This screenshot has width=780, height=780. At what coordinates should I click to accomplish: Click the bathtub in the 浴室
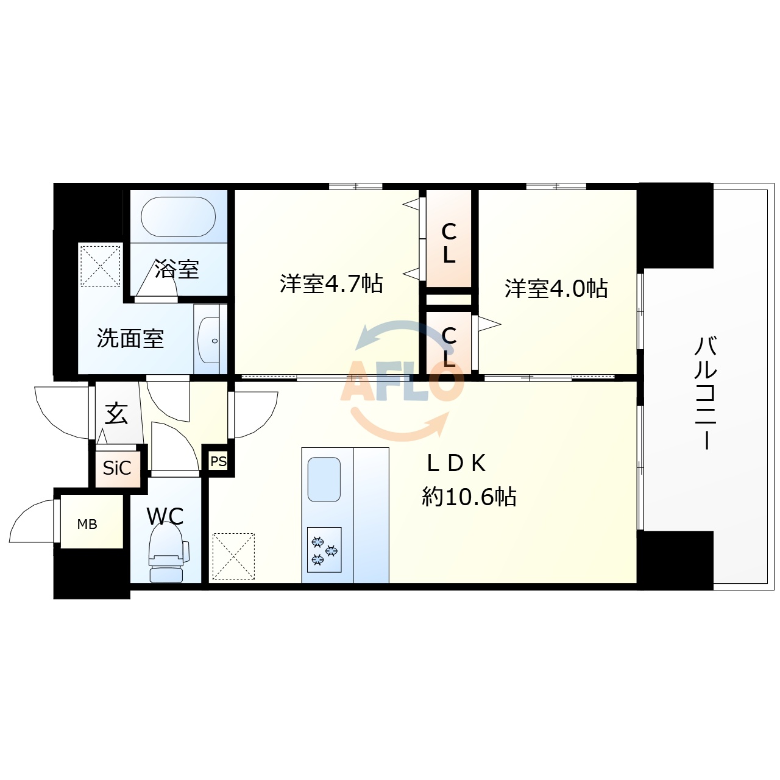[178, 217]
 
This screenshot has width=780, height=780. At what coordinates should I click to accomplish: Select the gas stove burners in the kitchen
[324, 550]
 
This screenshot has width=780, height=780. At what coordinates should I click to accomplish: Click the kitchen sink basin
[324, 480]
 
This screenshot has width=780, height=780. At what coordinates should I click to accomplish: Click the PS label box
[218, 461]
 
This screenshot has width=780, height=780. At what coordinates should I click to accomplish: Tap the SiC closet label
[117, 468]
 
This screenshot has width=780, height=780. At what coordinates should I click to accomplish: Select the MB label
[87, 524]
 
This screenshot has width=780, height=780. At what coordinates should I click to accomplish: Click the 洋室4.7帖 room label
[331, 283]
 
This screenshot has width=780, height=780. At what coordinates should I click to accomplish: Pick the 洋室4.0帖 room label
[556, 288]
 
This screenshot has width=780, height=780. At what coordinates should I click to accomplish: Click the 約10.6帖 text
[469, 497]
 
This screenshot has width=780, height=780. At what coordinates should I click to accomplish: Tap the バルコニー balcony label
[706, 392]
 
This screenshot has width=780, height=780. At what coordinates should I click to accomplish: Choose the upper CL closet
[449, 243]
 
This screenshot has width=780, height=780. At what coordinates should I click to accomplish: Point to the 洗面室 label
[130, 338]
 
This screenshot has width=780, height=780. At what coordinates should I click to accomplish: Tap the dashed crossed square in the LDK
[233, 556]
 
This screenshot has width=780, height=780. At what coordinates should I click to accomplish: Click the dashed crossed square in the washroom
[101, 266]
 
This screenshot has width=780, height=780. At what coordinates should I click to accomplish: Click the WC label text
[165, 516]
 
